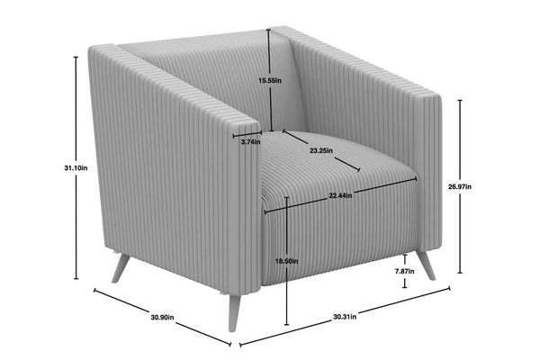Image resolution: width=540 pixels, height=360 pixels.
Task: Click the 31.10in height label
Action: [76, 168]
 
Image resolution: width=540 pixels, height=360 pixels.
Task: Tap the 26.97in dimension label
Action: [460, 186]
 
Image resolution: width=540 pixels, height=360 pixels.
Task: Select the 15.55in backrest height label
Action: [270, 81]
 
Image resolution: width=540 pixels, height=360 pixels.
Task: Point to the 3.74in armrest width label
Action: [251, 141]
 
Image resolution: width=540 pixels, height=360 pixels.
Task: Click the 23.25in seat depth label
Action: [321, 150]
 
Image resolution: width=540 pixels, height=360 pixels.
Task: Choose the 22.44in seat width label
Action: [340, 195]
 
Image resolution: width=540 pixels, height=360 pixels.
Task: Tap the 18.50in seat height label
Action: [287, 261]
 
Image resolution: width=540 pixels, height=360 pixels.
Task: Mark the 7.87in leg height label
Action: [405, 271]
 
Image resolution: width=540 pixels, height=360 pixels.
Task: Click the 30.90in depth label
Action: [162, 317]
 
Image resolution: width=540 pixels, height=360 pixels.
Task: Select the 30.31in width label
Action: [345, 317]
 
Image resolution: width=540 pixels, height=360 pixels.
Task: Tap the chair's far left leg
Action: [121, 268]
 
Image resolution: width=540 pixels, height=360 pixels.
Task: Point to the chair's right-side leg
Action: [426, 265]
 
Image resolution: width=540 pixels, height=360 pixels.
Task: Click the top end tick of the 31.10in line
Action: [76, 57]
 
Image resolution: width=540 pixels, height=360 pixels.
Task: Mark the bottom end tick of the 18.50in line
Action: [287, 325]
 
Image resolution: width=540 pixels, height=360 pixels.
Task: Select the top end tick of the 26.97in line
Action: [460, 101]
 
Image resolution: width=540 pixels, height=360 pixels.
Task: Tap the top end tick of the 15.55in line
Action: [269, 30]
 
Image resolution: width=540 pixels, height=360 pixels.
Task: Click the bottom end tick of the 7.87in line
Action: [405, 287]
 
